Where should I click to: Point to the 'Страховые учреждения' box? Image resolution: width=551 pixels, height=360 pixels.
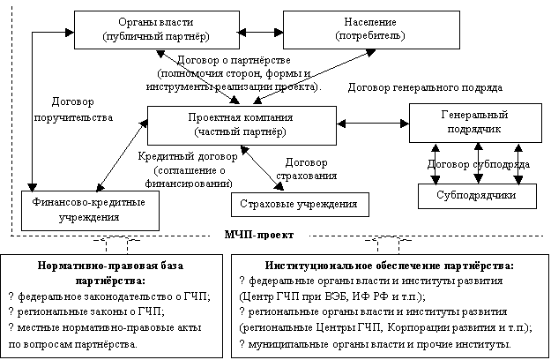[x=300, y=205]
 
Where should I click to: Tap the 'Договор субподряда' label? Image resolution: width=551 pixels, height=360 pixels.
[x=477, y=164]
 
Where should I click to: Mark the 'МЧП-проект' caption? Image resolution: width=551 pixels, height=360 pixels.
[x=257, y=236]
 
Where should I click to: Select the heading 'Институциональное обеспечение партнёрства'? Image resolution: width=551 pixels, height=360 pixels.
[x=389, y=264]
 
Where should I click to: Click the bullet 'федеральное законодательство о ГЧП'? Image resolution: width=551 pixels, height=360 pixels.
[x=109, y=296]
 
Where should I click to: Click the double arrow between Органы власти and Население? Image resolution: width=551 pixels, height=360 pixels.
[x=251, y=30]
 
